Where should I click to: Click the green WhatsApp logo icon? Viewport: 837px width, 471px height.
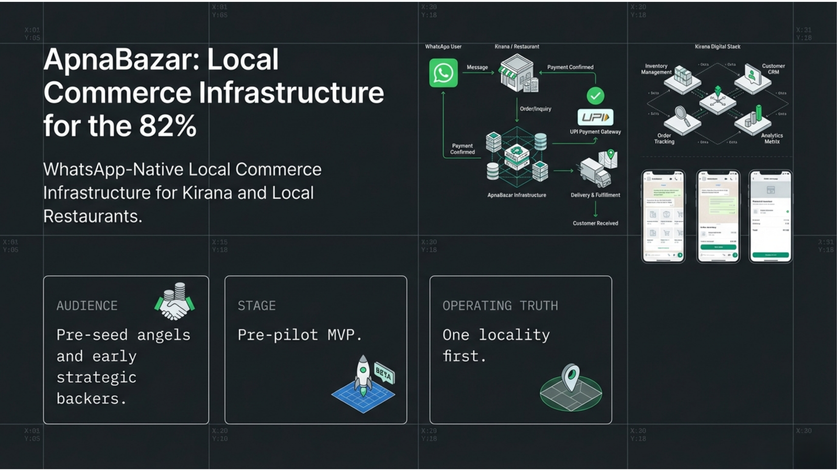pyautogui.click(x=443, y=73)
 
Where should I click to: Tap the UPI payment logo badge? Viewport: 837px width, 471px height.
pyautogui.click(x=595, y=117)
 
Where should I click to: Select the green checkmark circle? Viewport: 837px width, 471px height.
pyautogui.click(x=595, y=96)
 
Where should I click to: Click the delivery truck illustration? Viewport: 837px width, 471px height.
pyautogui.click(x=595, y=172)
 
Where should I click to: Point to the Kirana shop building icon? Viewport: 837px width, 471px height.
pyautogui.click(x=517, y=74)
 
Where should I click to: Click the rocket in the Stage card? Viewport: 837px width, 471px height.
pyautogui.click(x=363, y=375)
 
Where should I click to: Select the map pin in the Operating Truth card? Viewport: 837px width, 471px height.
pyautogui.click(x=570, y=377)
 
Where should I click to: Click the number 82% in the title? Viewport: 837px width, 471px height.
pyautogui.click(x=168, y=126)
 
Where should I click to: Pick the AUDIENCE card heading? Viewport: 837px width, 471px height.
pyautogui.click(x=87, y=306)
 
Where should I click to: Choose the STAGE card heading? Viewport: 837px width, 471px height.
pyautogui.click(x=256, y=306)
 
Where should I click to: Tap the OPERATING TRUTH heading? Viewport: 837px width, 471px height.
pyautogui.click(x=500, y=306)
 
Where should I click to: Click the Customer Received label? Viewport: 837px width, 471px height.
pyautogui.click(x=595, y=223)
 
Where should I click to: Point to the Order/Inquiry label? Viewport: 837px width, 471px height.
pyautogui.click(x=535, y=109)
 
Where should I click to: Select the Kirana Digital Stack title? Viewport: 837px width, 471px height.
pyautogui.click(x=717, y=47)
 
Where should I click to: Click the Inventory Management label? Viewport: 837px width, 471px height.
pyautogui.click(x=656, y=69)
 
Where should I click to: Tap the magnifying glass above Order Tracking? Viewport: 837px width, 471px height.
pyautogui.click(x=681, y=115)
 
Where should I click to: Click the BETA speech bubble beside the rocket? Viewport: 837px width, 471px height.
pyautogui.click(x=384, y=374)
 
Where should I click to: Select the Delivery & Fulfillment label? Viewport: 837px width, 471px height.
pyautogui.click(x=595, y=195)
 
